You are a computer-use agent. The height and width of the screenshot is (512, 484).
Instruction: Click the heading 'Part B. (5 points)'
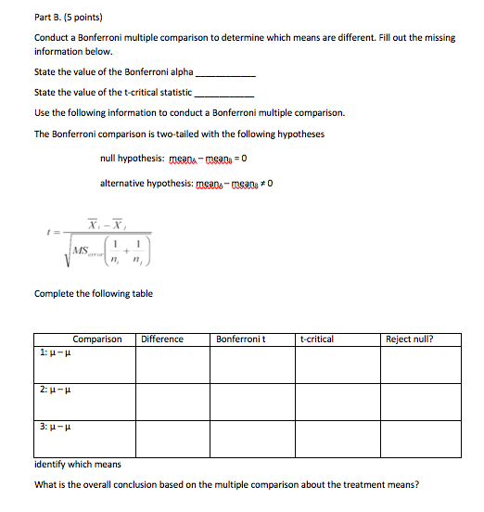(68, 17)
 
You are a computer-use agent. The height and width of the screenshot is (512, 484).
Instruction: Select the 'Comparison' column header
(97, 339)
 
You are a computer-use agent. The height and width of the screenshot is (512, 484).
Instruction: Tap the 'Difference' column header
(162, 339)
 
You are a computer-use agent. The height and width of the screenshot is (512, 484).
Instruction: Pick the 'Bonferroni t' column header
(241, 339)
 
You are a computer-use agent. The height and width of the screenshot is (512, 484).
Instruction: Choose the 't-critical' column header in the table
(318, 339)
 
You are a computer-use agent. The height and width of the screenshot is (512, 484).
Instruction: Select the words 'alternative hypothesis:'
(146, 183)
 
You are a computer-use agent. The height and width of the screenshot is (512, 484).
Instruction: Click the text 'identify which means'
(77, 464)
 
